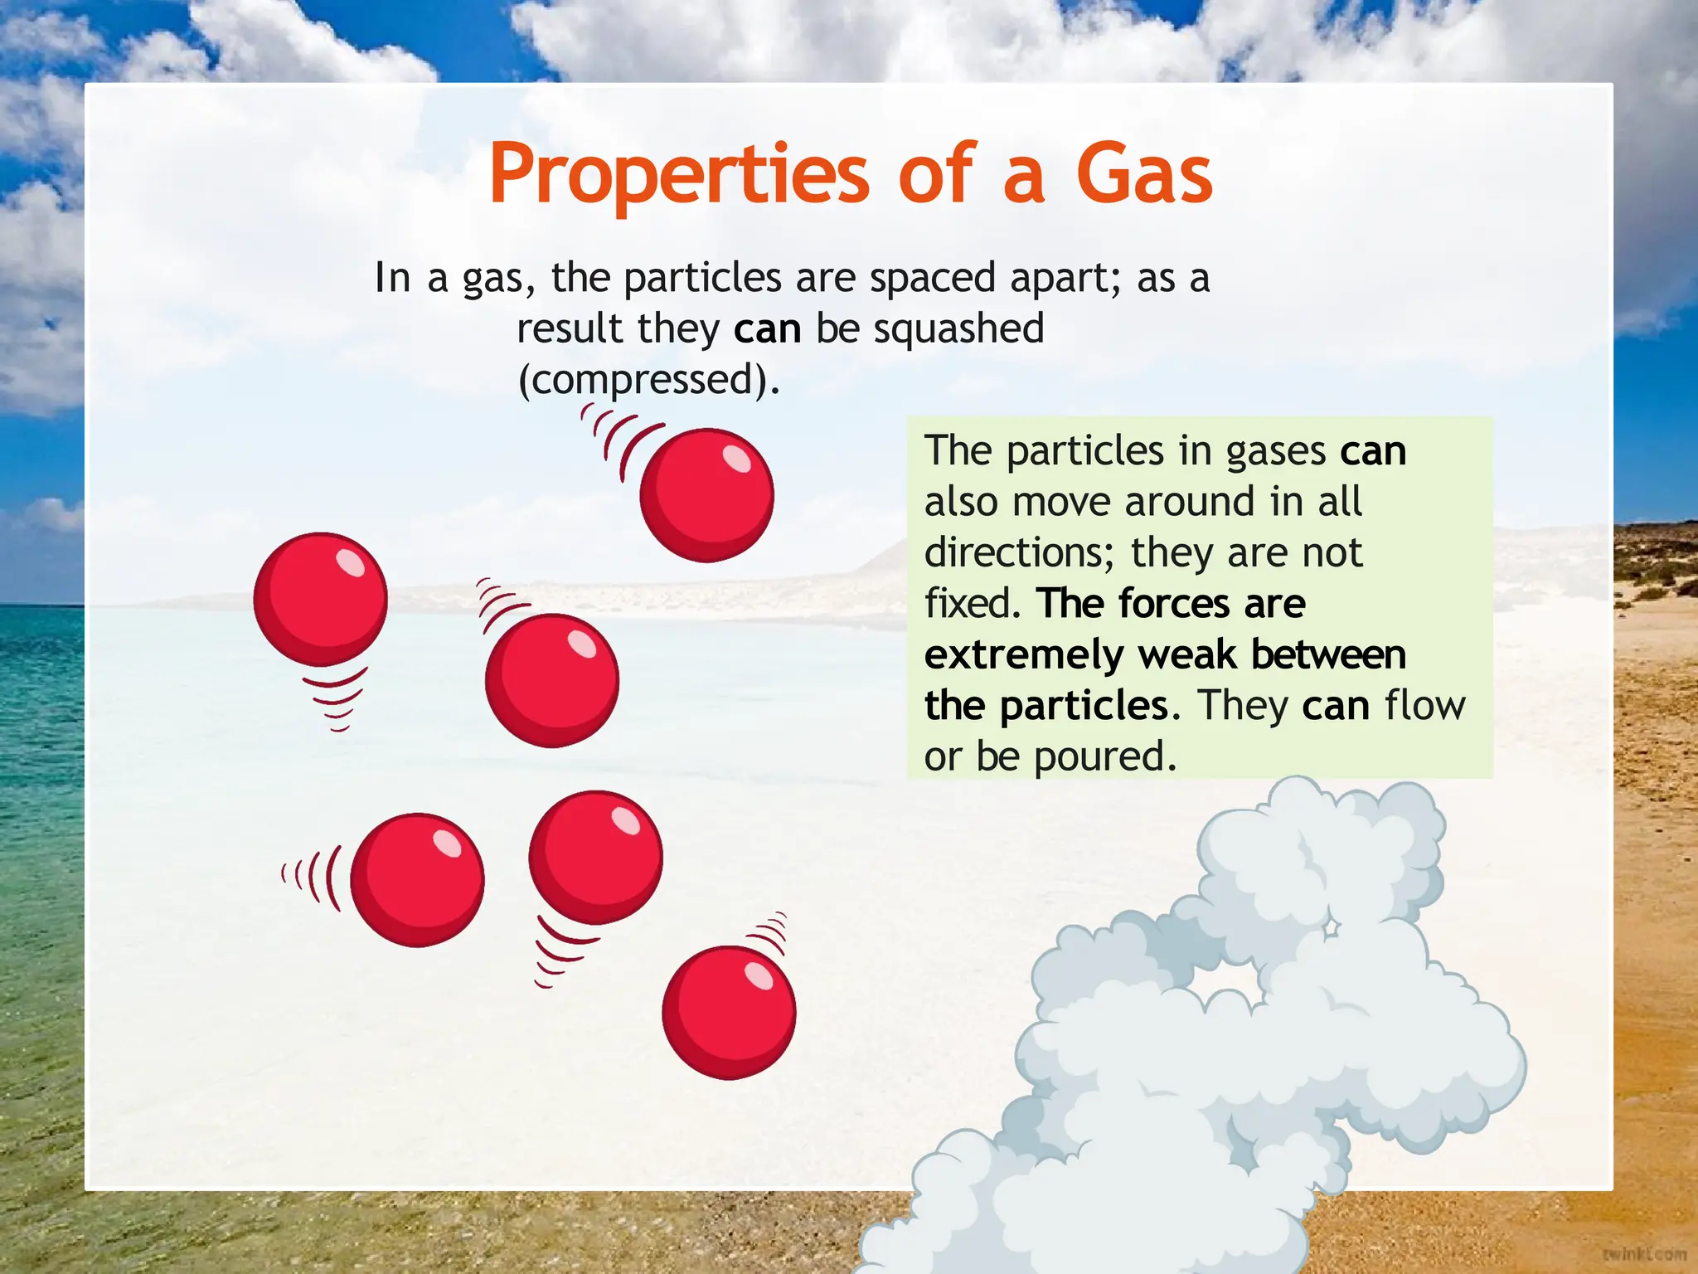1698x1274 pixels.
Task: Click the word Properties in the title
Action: pyautogui.click(x=678, y=174)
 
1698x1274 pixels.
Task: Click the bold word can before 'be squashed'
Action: pyautogui.click(x=767, y=328)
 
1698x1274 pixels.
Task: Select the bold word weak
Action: pyautogui.click(x=1187, y=654)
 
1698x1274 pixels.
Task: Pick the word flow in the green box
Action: pyautogui.click(x=1424, y=706)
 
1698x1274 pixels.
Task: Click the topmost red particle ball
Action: pyautogui.click(x=706, y=495)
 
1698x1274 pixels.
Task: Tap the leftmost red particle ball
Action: pyautogui.click(x=320, y=599)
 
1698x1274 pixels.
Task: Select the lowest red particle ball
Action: pyautogui.click(x=729, y=1012)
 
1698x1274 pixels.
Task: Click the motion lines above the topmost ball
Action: pyautogui.click(x=618, y=435)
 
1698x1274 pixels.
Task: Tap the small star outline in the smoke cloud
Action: pyautogui.click(x=1331, y=926)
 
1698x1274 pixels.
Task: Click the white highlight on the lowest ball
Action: pyautogui.click(x=759, y=976)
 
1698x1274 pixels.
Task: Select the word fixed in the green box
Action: pyautogui.click(x=968, y=604)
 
